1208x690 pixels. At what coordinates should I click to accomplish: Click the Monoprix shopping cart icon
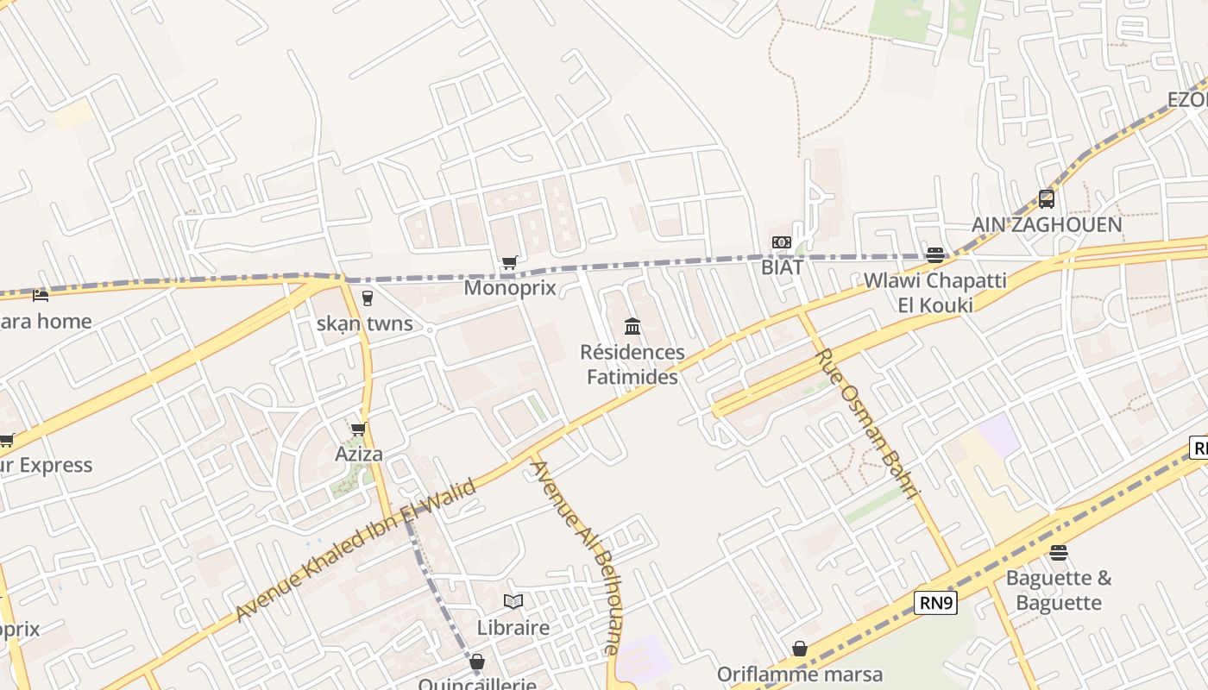pos(510,262)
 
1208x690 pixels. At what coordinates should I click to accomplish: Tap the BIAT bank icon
pos(782,242)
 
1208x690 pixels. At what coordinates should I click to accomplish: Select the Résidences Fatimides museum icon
pos(632,326)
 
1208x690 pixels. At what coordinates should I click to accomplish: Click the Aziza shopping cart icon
pos(359,429)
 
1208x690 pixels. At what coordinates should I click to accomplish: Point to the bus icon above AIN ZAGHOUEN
pos(1047,199)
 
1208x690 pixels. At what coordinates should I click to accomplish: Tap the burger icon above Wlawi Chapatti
pos(935,254)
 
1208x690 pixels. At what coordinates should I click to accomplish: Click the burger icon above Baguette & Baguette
pos(1059,552)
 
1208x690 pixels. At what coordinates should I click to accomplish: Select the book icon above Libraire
pos(513,601)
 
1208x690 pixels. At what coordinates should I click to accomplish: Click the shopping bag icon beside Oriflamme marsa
pos(800,649)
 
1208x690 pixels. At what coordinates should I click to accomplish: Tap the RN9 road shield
pos(936,603)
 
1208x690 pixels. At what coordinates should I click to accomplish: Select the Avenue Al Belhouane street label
pos(575,556)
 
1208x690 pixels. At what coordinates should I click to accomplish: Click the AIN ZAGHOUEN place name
pos(1047,225)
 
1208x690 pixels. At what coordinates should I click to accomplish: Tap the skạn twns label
pos(365,325)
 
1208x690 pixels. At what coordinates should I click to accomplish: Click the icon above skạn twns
pos(368,298)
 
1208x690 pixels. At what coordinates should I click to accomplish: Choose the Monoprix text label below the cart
pos(510,287)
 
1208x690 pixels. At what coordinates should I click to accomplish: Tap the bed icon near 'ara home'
pos(41,296)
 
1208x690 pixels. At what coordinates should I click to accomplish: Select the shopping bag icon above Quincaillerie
pos(477,662)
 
